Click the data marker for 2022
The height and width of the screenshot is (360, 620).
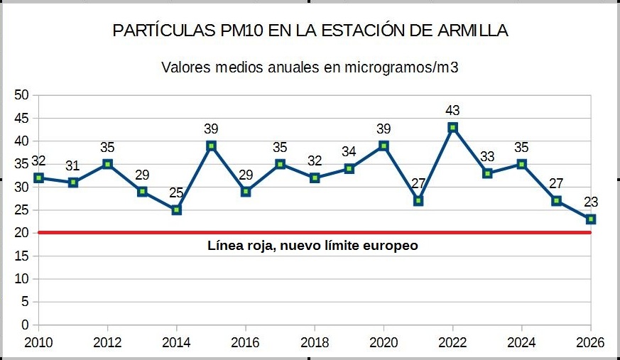point(452,128)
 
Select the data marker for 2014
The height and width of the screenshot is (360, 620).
point(177,210)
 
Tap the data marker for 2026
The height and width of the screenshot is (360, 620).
point(591,219)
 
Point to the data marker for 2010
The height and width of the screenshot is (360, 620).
point(39,178)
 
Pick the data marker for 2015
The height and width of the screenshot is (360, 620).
point(211,146)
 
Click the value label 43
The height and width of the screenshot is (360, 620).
point(452,111)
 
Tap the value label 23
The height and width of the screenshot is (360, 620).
point(591,202)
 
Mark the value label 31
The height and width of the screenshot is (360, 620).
point(73,165)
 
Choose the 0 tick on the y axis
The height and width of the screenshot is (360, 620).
point(26,325)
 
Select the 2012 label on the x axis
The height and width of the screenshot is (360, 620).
point(107,342)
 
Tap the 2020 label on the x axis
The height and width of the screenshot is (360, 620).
point(384,342)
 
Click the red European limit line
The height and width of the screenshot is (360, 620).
point(312,232)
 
